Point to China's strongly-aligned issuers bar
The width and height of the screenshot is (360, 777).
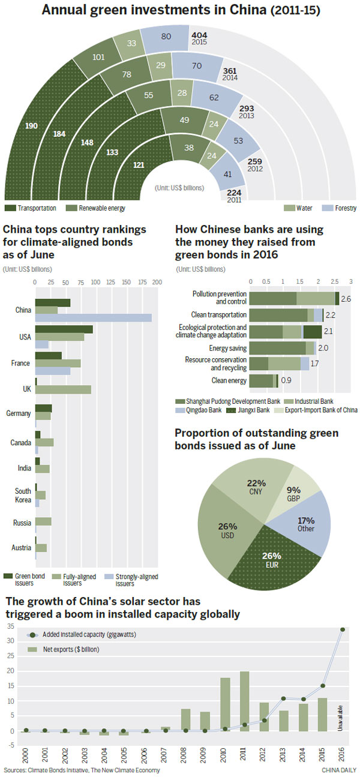[x=93, y=317]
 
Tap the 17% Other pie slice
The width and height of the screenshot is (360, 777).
[x=305, y=525]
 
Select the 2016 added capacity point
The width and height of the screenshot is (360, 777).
[x=343, y=629]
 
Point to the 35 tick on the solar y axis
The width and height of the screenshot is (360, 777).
[x=10, y=626]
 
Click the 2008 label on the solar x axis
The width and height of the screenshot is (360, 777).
[x=186, y=752]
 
